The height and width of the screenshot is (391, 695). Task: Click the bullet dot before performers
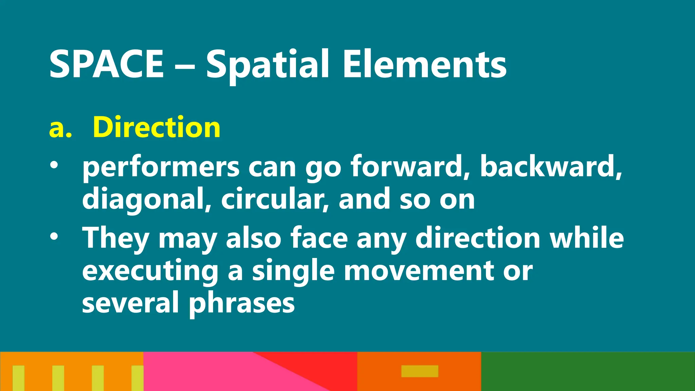(54, 165)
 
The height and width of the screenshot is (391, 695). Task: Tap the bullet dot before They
(54, 237)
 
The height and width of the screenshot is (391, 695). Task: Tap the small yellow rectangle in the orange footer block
(420, 371)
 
